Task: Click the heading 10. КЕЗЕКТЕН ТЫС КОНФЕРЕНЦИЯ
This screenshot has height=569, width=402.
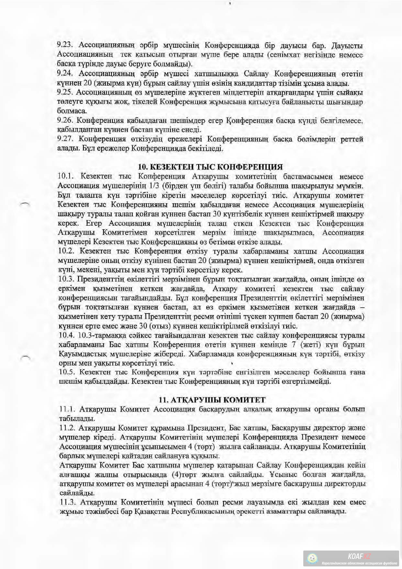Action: tap(210, 167)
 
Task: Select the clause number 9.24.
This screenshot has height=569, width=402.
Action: tap(65, 74)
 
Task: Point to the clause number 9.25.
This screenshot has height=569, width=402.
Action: tap(65, 93)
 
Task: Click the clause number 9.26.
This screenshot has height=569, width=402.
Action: tap(65, 121)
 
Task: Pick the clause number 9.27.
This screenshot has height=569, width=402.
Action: tap(65, 139)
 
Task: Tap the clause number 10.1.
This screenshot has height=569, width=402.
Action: tap(66, 177)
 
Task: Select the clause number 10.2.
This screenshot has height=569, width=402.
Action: tap(66, 251)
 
